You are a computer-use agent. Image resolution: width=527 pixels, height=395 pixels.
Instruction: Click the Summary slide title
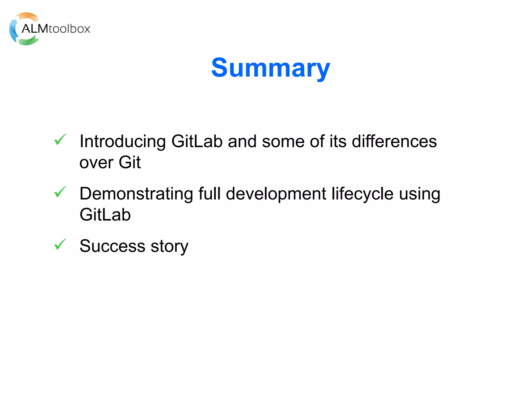coord(270,68)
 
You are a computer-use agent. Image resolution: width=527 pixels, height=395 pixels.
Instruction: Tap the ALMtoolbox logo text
coord(56,29)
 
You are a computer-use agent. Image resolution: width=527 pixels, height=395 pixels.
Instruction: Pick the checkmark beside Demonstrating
coord(60,192)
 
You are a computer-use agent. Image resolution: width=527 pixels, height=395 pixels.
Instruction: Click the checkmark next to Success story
coord(60,244)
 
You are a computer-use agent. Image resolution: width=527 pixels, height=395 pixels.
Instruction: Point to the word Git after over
coord(130,163)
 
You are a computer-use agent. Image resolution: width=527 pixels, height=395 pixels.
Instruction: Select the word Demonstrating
coord(136,194)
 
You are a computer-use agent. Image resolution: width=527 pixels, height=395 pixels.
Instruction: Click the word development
coord(276,194)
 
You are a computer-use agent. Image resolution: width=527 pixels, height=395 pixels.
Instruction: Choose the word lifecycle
coord(362,194)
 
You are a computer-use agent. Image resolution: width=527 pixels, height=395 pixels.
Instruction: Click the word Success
coord(112,246)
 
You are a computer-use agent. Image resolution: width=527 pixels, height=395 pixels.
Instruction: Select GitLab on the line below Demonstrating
coord(105,215)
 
